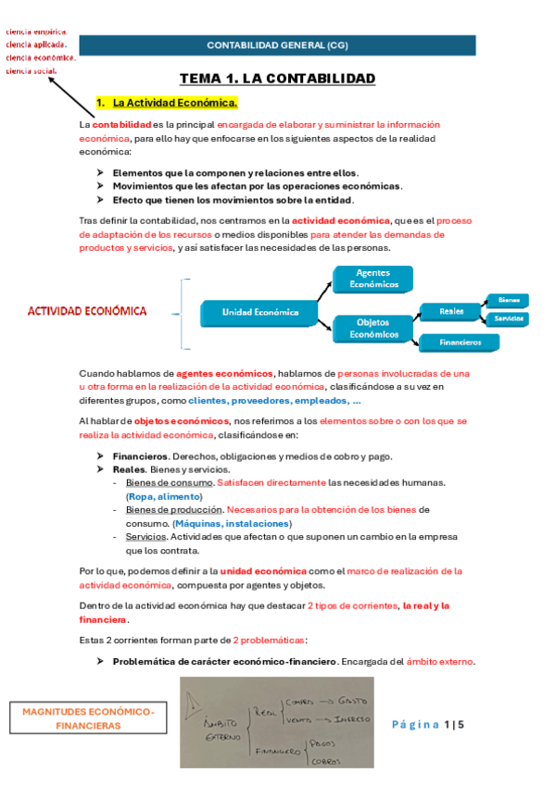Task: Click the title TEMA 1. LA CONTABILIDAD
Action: [x=277, y=79]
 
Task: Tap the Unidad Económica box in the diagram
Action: [x=260, y=312]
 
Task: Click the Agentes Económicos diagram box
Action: [x=372, y=279]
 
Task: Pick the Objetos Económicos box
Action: [x=372, y=330]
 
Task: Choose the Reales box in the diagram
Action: [x=452, y=312]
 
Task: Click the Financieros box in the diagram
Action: [x=460, y=343]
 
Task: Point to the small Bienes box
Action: [x=508, y=300]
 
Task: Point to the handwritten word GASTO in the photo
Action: [x=353, y=701]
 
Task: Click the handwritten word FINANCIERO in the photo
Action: [x=277, y=750]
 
